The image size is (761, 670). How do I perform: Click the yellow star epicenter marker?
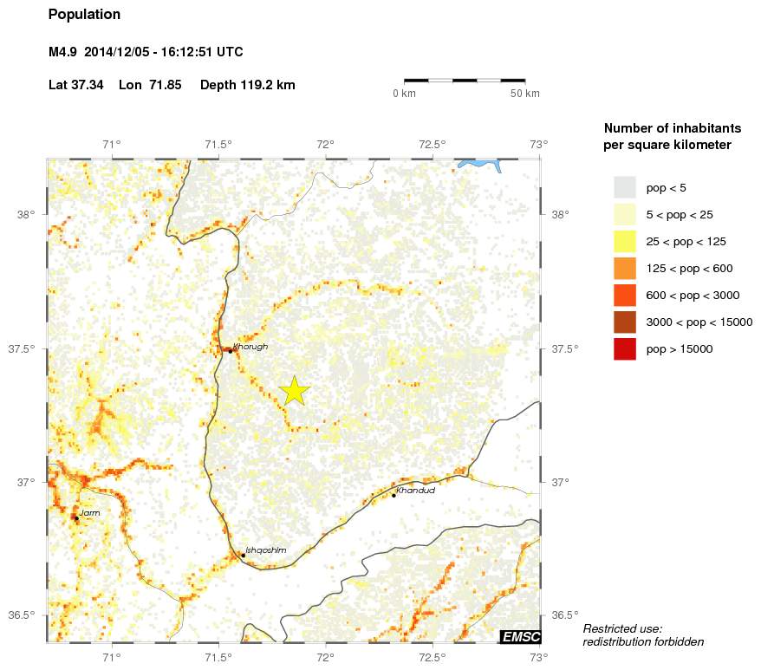coord(295,391)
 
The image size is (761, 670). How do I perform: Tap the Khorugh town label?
coord(250,347)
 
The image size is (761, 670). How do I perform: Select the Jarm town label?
coord(89,513)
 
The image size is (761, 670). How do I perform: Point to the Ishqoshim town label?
coord(265,550)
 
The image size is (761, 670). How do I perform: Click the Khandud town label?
coord(414,491)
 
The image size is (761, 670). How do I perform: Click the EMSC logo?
coord(520,637)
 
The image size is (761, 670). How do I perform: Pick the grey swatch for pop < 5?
coord(624,187)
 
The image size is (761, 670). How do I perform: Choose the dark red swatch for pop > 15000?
coord(624,349)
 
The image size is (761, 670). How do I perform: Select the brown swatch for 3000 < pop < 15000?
coord(624,322)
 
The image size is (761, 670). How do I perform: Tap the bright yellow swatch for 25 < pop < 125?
coord(624,241)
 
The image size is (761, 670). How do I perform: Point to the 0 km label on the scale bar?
coord(405,94)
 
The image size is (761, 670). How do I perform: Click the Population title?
coord(84,15)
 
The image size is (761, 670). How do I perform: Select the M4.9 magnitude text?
coord(63,52)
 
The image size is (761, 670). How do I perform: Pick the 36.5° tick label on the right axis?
coord(564,615)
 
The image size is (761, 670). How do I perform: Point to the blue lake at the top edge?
coord(481,164)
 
